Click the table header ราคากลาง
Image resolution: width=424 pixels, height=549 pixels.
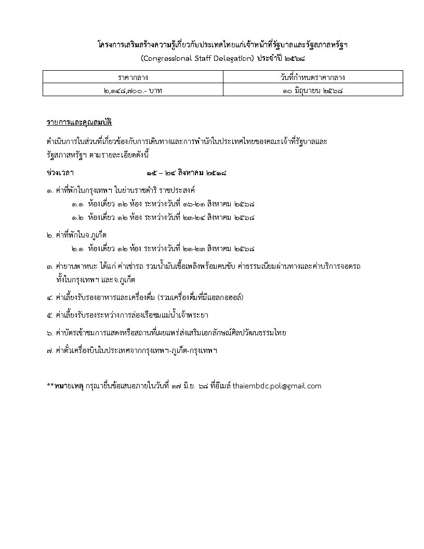pyautogui.click(x=132, y=78)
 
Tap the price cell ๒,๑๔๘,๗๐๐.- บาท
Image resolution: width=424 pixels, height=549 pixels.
pyautogui.click(x=132, y=90)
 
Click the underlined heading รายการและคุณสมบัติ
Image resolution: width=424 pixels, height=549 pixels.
pyautogui.click(x=79, y=123)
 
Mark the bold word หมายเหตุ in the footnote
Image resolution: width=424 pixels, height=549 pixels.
pyautogui.click(x=67, y=386)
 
